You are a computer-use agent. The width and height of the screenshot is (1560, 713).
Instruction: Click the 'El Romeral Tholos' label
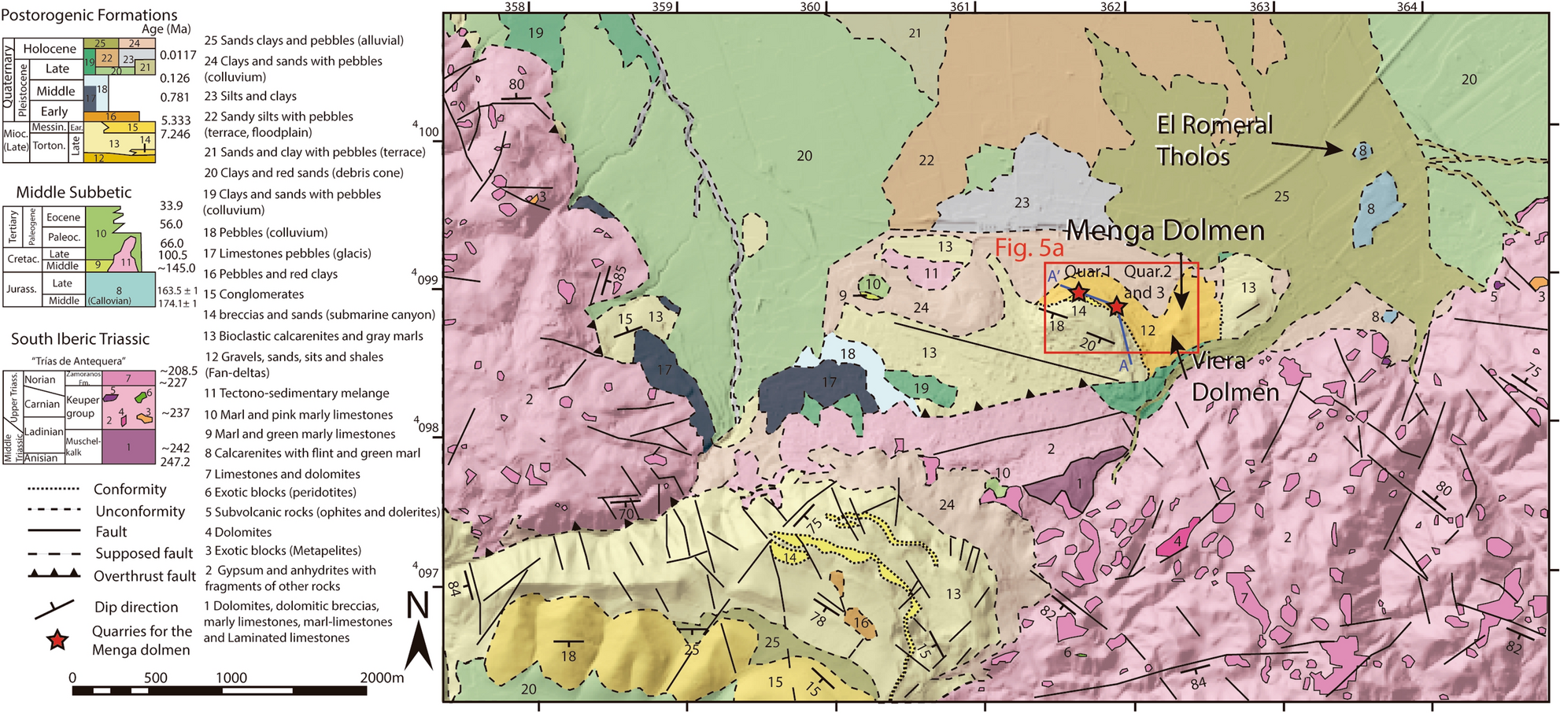pyautogui.click(x=1213, y=140)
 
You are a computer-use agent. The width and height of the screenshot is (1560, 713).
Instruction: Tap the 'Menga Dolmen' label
pyautogui.click(x=1164, y=231)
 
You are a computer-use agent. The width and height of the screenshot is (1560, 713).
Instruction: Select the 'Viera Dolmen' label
pyautogui.click(x=1233, y=377)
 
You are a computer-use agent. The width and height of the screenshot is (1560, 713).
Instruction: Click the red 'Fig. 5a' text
pyautogui.click(x=1029, y=249)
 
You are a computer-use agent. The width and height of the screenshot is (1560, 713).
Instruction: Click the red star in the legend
pyautogui.click(x=57, y=641)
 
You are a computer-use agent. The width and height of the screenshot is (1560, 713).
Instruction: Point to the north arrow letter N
pyautogui.click(x=418, y=607)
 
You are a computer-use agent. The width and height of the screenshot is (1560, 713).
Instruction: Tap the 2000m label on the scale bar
pyautogui.click(x=381, y=678)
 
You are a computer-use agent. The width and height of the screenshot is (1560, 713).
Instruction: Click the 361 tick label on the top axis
pyautogui.click(x=959, y=7)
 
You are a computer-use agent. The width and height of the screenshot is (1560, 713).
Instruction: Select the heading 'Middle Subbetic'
pyautogui.click(x=74, y=193)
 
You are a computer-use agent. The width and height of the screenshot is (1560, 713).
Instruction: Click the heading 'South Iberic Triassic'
pyautogui.click(x=79, y=339)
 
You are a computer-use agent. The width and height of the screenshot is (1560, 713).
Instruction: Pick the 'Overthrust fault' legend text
pyautogui.click(x=145, y=576)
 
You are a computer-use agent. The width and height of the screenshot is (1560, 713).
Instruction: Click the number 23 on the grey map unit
pyautogui.click(x=1021, y=203)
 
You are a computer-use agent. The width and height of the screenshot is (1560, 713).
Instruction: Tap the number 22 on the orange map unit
pyautogui.click(x=926, y=161)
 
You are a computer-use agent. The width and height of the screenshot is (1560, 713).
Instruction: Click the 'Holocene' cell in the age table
pyautogui.click(x=49, y=49)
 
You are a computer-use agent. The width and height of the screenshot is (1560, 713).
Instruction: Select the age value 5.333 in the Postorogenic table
pyautogui.click(x=176, y=120)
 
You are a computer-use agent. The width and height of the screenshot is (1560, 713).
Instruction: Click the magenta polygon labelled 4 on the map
pyautogui.click(x=1177, y=541)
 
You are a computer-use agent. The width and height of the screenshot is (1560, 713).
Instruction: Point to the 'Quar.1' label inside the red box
pyautogui.click(x=1087, y=272)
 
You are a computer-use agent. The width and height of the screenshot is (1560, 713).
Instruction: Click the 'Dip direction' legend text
pyautogui.click(x=136, y=607)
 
